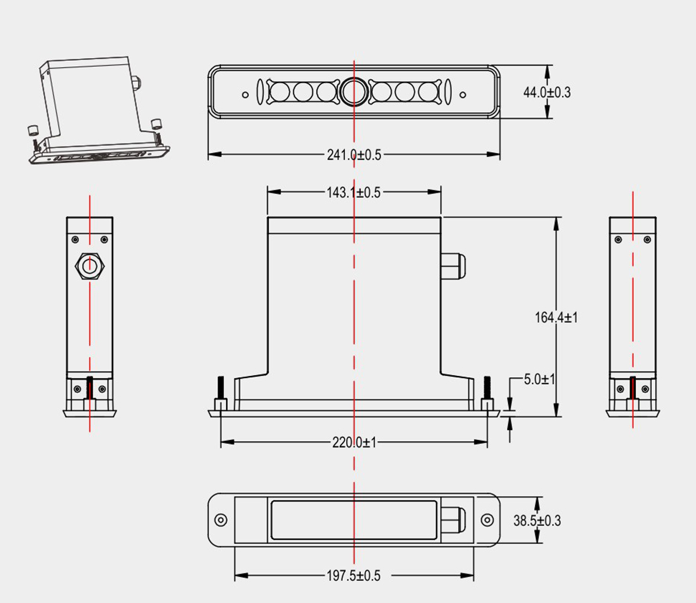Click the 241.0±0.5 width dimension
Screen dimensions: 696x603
tap(354, 155)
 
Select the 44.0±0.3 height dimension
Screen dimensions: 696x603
tap(547, 92)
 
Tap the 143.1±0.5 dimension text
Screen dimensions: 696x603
tap(354, 192)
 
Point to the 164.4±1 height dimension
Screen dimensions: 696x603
tap(556, 317)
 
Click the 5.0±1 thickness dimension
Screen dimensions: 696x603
tap(539, 380)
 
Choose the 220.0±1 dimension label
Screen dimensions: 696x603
tap(354, 442)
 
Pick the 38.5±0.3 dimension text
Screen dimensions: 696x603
tap(537, 521)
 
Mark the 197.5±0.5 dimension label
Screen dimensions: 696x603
tap(354, 576)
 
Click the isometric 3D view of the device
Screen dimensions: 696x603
tap(99, 110)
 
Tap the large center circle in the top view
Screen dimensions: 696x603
tap(354, 91)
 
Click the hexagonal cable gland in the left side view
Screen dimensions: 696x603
tap(89, 266)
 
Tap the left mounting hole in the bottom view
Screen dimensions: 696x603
tap(220, 520)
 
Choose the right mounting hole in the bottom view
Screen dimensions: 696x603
tap(487, 520)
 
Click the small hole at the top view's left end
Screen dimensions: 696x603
tap(245, 95)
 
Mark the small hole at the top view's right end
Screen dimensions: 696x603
tap(463, 95)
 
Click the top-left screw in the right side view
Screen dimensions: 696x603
tap(618, 240)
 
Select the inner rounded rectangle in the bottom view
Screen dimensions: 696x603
tap(354, 520)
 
